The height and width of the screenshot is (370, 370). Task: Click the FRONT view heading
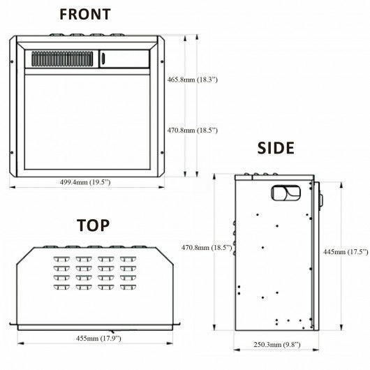pyautogui.click(x=85, y=14)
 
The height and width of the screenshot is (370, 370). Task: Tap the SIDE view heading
pyautogui.click(x=276, y=148)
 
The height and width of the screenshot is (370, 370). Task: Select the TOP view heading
pyautogui.click(x=94, y=225)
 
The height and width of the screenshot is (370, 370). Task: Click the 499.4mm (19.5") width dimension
pyautogui.click(x=85, y=182)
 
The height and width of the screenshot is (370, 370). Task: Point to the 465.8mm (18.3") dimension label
pyautogui.click(x=192, y=80)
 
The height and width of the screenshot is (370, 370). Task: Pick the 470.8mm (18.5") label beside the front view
pyautogui.click(x=192, y=131)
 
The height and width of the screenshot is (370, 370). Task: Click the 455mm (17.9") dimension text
pyautogui.click(x=98, y=338)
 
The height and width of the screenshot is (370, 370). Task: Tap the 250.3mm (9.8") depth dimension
pyautogui.click(x=277, y=345)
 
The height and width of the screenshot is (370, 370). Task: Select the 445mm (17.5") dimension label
pyautogui.click(x=346, y=252)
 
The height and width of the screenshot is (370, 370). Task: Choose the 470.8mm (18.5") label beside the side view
pyautogui.click(x=207, y=248)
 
